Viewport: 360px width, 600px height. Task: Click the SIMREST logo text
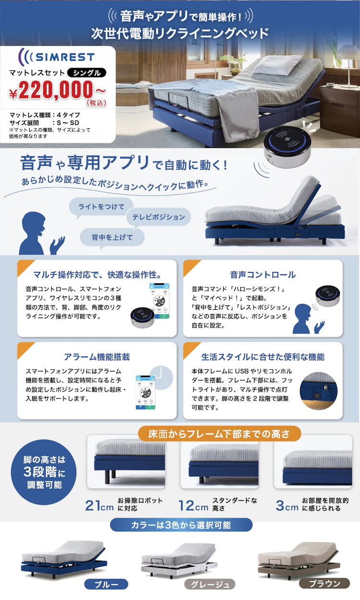click(x=65, y=57)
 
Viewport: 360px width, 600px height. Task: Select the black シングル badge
click(x=86, y=73)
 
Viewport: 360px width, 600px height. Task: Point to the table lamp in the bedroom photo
click(x=348, y=65)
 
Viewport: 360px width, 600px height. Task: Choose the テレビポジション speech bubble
click(x=158, y=218)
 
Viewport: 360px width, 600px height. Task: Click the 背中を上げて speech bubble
click(x=112, y=238)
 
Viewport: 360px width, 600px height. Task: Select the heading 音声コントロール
click(x=263, y=275)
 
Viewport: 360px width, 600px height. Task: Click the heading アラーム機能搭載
click(x=97, y=357)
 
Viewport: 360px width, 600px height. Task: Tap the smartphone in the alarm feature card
click(x=145, y=392)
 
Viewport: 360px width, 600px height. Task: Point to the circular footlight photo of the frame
click(x=319, y=391)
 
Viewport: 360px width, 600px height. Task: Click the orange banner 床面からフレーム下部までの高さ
click(x=219, y=434)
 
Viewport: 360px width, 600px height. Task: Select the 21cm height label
click(x=99, y=505)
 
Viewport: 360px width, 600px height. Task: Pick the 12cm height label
click(x=193, y=505)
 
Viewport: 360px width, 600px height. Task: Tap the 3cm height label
click(x=287, y=505)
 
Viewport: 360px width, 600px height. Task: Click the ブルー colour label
click(x=106, y=585)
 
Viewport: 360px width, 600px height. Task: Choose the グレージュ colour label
click(x=210, y=585)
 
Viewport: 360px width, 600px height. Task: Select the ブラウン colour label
click(x=324, y=583)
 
